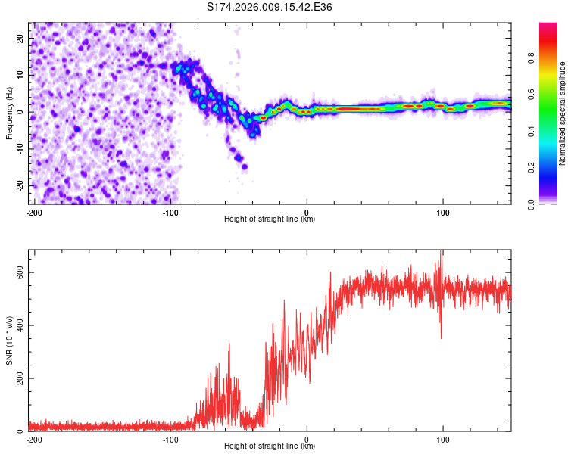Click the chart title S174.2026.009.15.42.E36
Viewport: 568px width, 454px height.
(x=270, y=7)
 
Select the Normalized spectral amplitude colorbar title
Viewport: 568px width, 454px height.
(x=563, y=113)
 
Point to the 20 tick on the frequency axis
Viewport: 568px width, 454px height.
(x=20, y=38)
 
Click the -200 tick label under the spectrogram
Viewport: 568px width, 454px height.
(x=33, y=212)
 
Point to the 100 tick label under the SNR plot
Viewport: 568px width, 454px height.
(x=442, y=440)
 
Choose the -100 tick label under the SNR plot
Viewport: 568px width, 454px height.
(x=170, y=440)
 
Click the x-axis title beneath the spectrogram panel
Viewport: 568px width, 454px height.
(x=270, y=219)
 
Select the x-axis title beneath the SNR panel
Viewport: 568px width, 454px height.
(x=270, y=446)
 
